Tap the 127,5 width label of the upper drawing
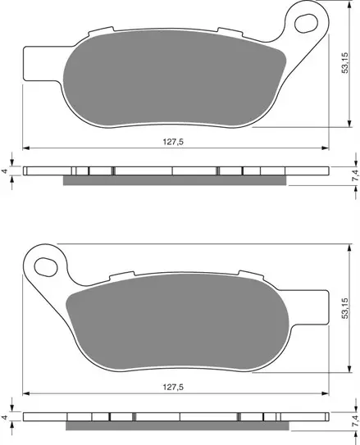(x=173, y=141)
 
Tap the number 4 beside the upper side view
(x=6, y=172)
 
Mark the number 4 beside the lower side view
(x=6, y=418)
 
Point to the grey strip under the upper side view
(x=176, y=180)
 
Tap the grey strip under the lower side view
(x=176, y=426)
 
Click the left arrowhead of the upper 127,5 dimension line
(x=25, y=149)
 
